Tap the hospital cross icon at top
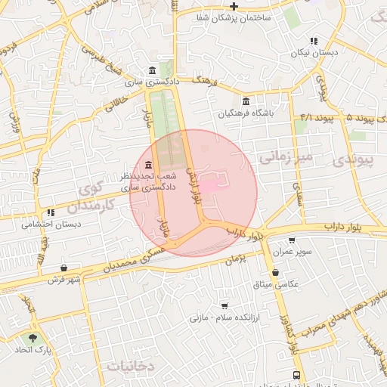click(234, 6)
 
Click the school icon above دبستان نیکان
click(314, 41)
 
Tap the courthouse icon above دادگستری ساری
click(153, 69)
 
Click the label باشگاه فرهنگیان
click(245, 113)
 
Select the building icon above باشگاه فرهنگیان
click(246, 102)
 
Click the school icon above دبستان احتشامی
click(51, 212)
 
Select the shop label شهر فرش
click(67, 280)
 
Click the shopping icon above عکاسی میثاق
click(274, 273)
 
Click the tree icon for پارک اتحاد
click(32, 339)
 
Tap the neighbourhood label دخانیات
click(130, 366)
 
